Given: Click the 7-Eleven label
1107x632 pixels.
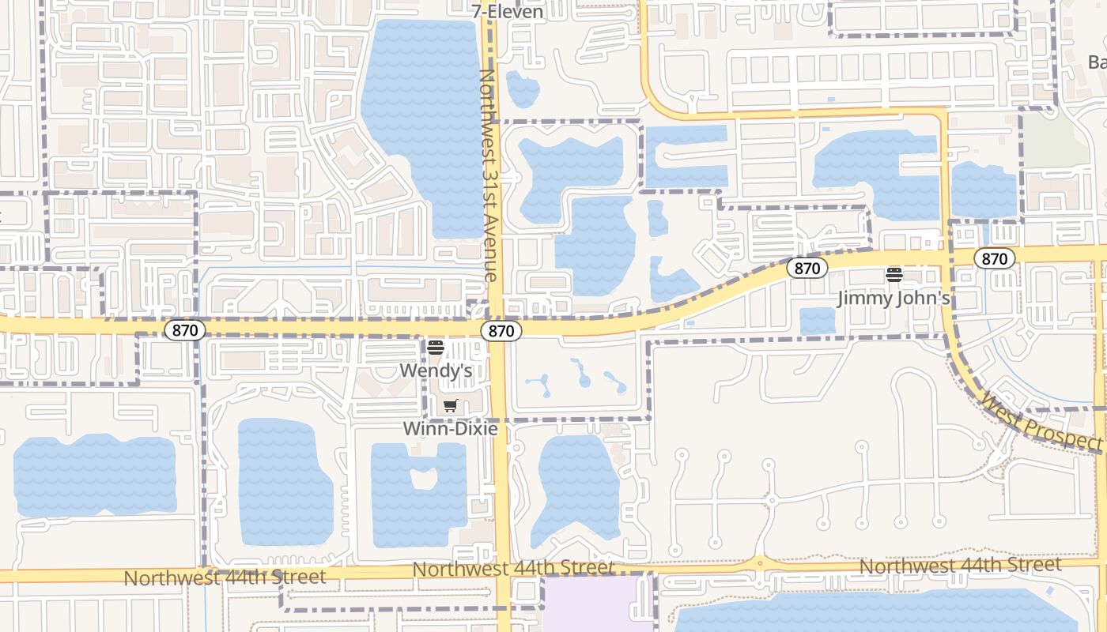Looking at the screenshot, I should click(507, 11).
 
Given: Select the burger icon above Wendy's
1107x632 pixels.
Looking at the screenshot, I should click(435, 347).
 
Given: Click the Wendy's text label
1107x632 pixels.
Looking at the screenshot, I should click(436, 370).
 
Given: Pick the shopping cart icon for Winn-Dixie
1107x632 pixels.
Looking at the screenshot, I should click(450, 406).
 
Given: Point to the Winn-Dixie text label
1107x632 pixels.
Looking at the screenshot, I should click(450, 429).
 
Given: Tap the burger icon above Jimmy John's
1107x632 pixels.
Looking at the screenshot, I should click(894, 275).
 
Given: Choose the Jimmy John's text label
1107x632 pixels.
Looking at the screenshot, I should click(894, 299).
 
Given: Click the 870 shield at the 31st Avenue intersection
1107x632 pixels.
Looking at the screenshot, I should click(501, 331).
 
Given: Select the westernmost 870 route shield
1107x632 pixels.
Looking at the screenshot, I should click(184, 330).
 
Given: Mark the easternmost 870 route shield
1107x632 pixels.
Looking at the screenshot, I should click(994, 258).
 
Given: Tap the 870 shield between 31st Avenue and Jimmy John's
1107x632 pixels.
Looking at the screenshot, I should click(807, 269).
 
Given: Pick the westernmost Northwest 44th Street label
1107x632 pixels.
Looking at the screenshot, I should click(225, 577).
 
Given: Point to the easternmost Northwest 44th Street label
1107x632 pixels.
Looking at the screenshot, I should click(960, 566).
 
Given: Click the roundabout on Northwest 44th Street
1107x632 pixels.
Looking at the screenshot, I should click(760, 564).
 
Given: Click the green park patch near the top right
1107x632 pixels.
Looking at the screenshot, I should click(1045, 139).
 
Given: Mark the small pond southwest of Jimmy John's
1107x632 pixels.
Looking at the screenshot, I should click(817, 321).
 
